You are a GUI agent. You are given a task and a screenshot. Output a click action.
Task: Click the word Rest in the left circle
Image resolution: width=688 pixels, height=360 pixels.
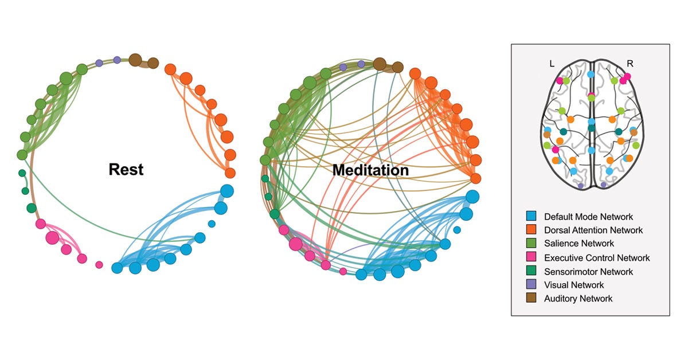point(126,170)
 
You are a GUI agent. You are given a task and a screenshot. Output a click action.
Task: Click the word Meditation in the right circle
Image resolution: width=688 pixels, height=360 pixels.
point(370,170)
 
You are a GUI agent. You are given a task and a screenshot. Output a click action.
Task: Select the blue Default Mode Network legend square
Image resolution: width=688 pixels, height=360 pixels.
point(530,217)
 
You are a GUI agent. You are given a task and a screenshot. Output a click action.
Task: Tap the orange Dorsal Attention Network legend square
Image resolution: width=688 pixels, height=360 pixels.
point(530,230)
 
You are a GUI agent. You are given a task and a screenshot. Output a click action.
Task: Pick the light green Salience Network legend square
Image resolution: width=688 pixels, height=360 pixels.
point(530,244)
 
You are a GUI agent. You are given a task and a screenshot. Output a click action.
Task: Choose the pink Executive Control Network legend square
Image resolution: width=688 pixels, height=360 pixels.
point(530,258)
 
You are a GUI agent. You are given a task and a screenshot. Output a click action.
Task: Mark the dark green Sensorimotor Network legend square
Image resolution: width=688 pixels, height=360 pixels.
point(530,272)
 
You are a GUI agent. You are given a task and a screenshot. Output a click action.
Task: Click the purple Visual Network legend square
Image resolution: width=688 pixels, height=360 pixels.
point(530,285)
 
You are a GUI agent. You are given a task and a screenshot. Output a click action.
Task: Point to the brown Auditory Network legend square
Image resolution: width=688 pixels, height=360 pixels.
point(530,299)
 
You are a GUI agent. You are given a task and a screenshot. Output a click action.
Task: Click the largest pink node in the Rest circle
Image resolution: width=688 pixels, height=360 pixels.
point(52,237)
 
